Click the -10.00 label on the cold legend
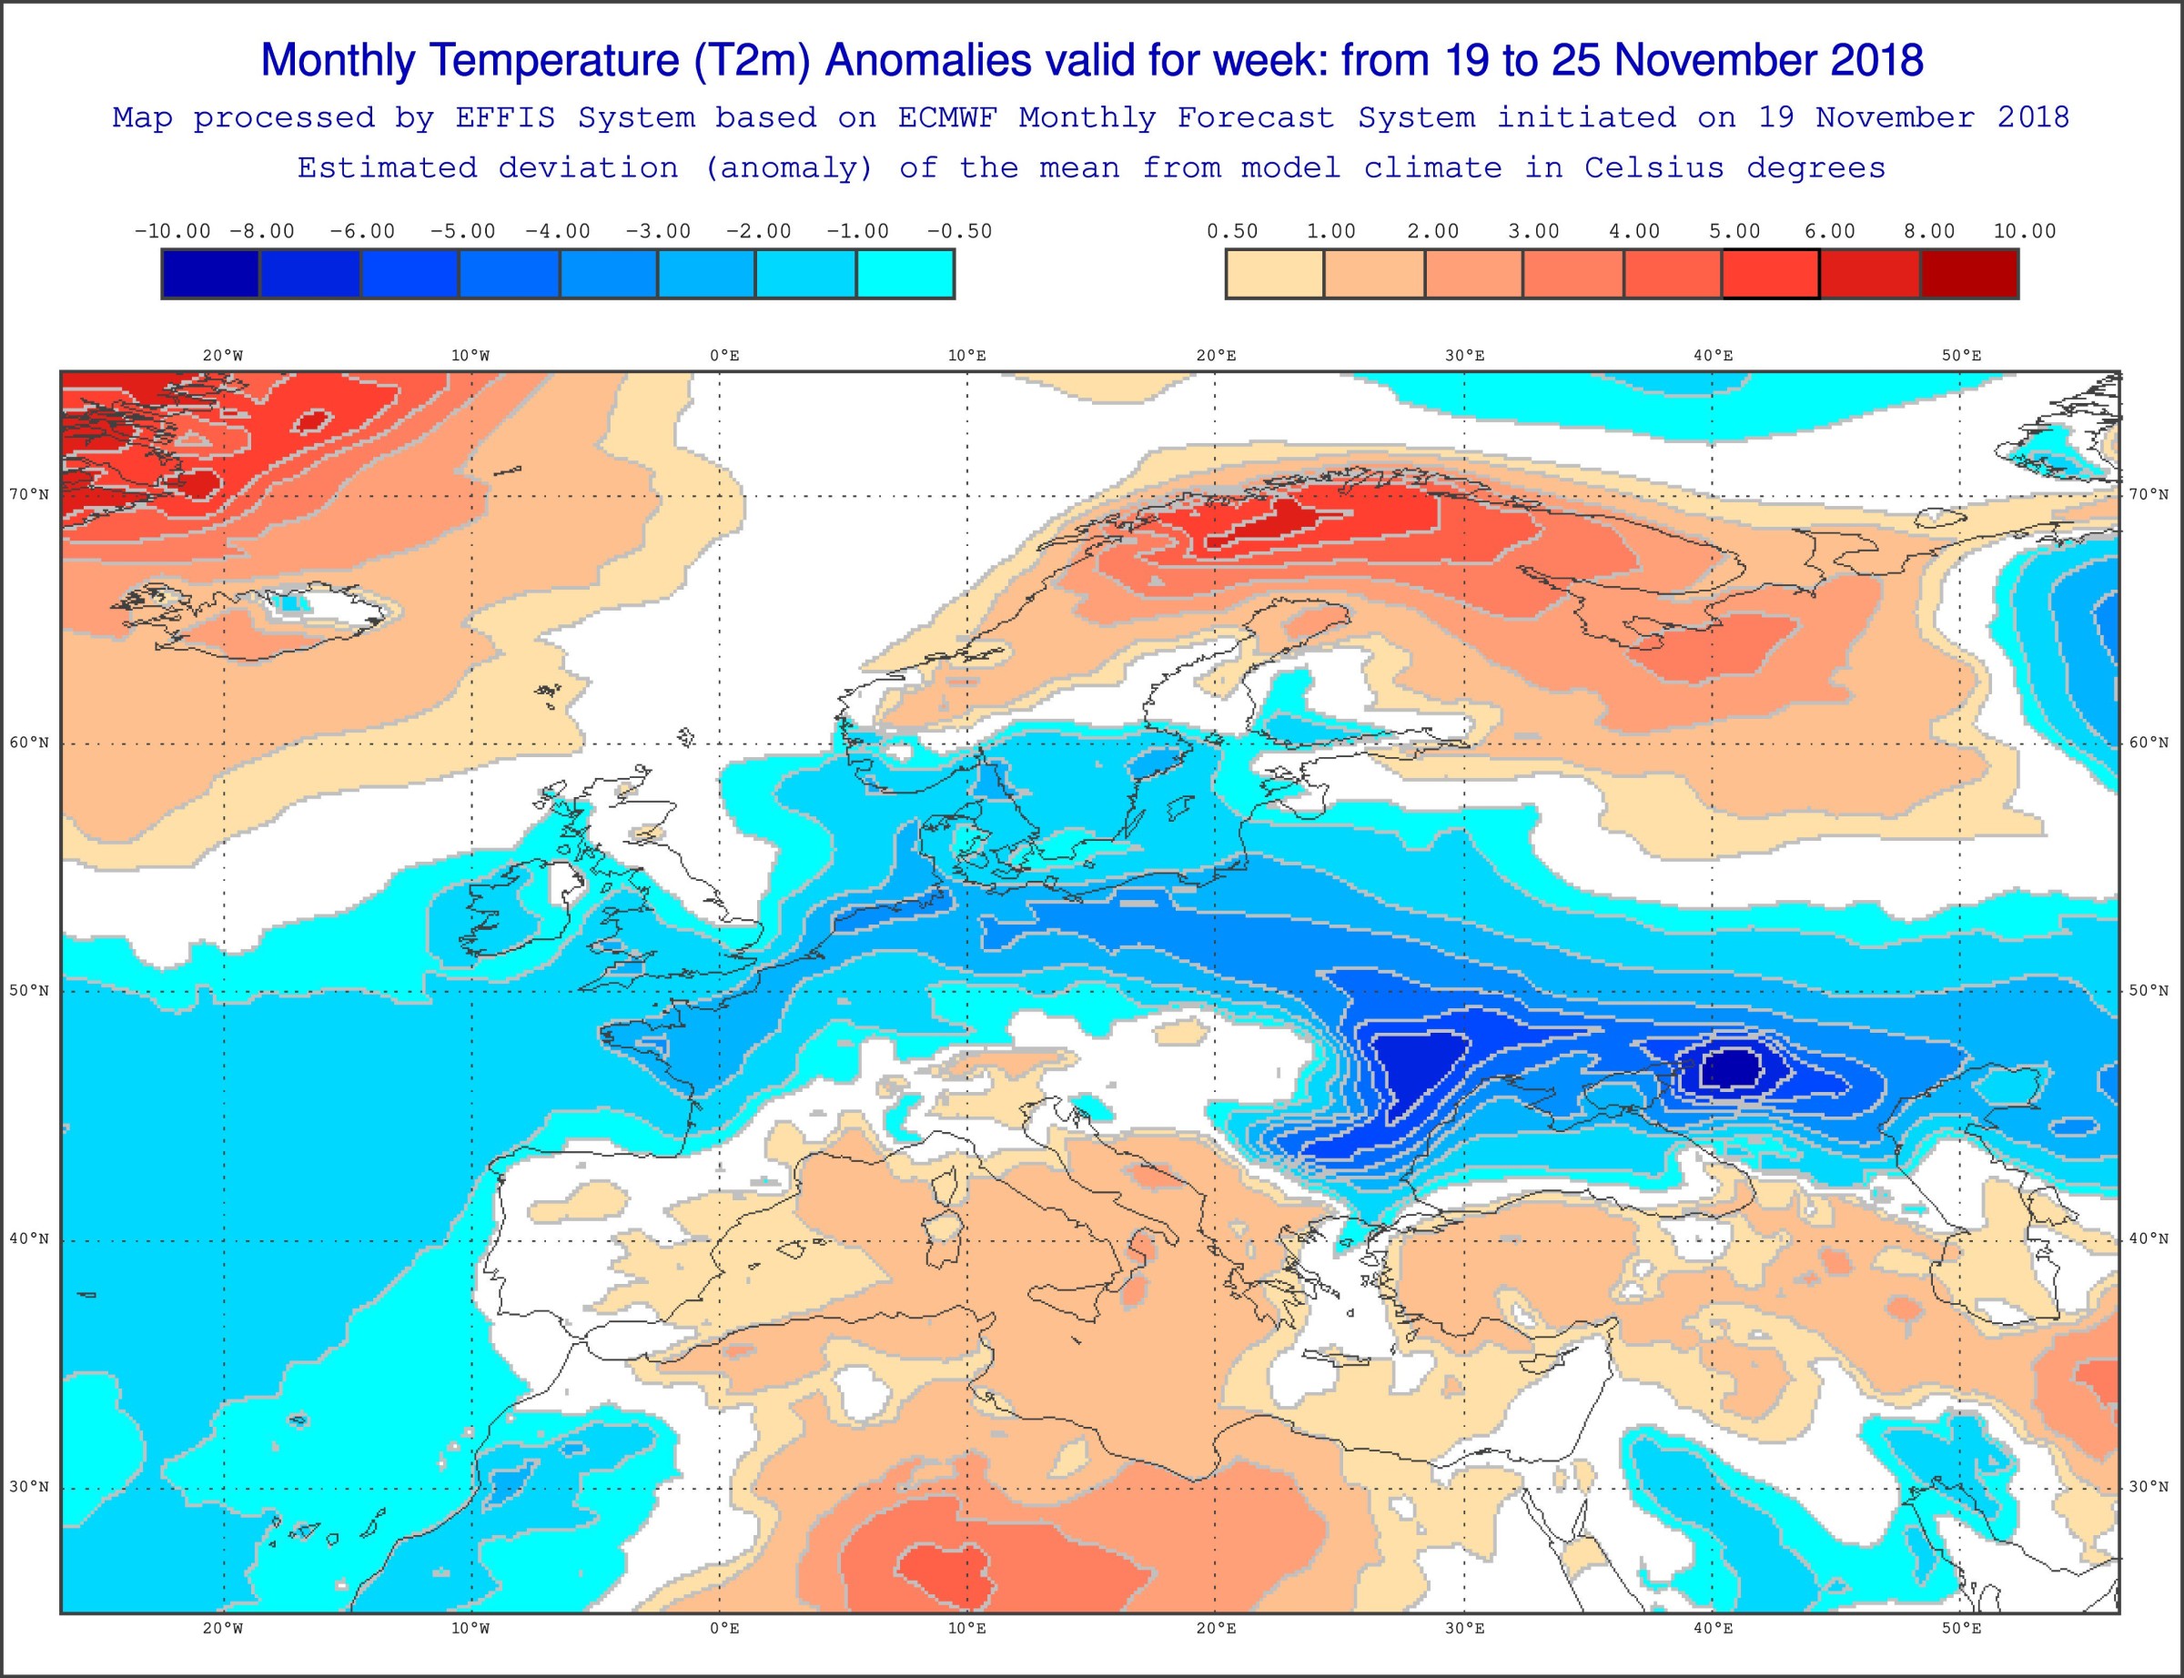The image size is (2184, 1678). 172,232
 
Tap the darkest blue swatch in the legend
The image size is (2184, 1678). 211,274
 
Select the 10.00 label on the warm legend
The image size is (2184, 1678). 2024,232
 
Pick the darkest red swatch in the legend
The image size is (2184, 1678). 1968,274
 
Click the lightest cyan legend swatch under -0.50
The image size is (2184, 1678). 905,274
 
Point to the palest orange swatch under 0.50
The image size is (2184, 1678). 1274,274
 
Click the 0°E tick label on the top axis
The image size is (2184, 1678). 724,356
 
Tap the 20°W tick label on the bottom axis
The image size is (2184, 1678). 223,1629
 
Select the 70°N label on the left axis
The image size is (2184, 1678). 29,494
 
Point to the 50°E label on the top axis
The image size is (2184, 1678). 1961,356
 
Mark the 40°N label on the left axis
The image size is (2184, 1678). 29,1239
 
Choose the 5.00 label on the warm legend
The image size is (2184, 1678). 1734,232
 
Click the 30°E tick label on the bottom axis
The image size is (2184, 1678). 1464,1629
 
